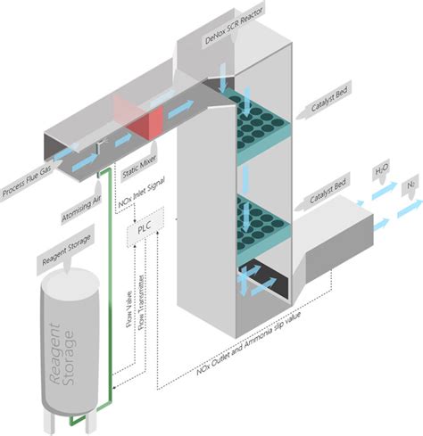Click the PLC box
point(145,231)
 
